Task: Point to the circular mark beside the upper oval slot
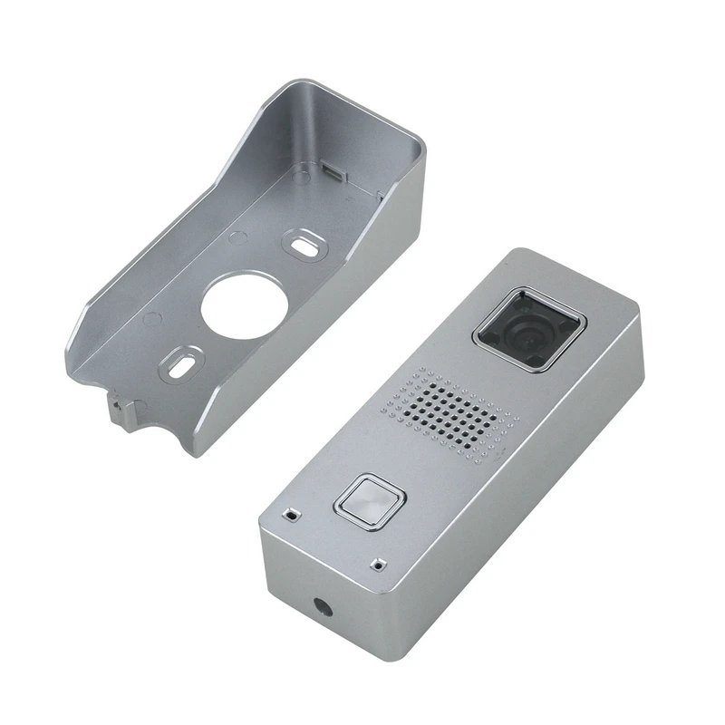pyautogui.click(x=237, y=237)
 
